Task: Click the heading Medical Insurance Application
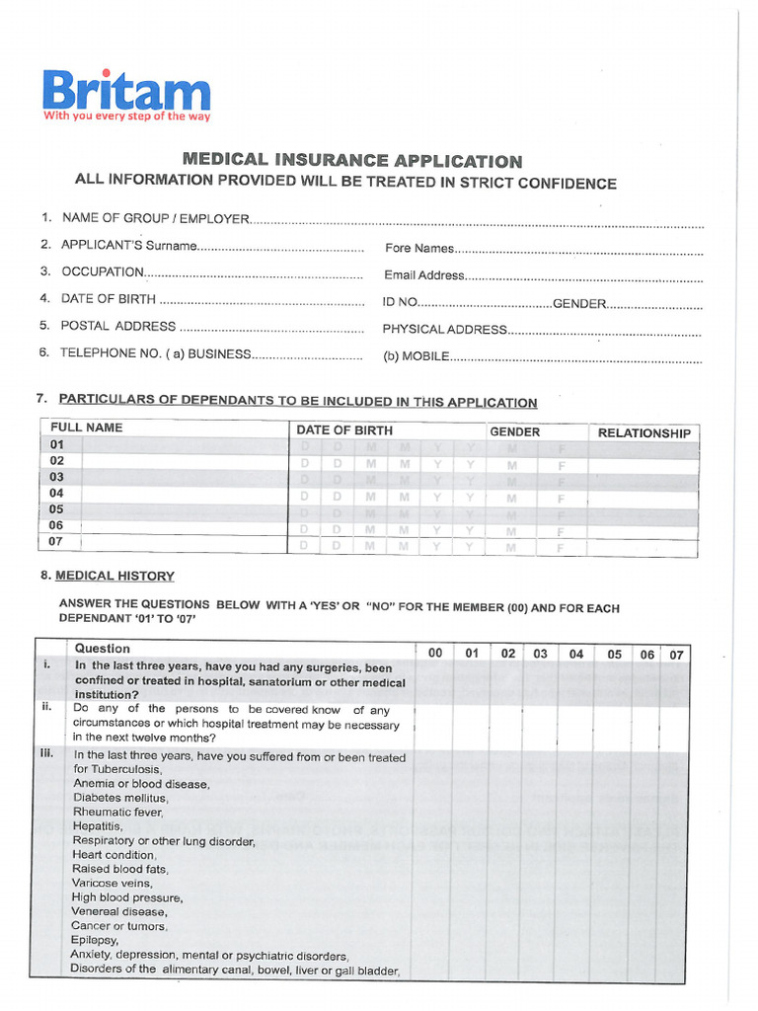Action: tap(352, 160)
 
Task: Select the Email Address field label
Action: tap(422, 275)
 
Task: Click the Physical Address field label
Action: tap(444, 330)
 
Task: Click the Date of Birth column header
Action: tap(343, 430)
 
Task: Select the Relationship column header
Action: tap(644, 432)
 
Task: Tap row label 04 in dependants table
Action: tap(57, 493)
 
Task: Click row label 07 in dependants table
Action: tap(57, 541)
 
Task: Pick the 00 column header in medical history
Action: tap(435, 653)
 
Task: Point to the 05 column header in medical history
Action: tap(614, 654)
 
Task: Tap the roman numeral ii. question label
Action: tap(46, 707)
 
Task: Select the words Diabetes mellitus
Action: tap(120, 798)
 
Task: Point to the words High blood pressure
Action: tap(127, 898)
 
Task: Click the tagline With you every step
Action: tap(126, 116)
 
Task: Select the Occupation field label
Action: tap(103, 272)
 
